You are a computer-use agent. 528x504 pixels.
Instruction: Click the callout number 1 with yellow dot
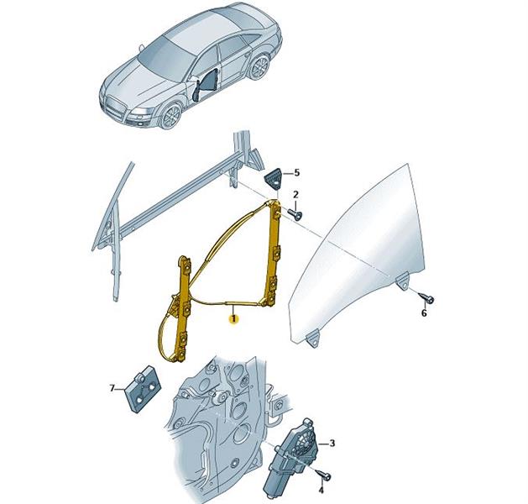pyautogui.click(x=233, y=318)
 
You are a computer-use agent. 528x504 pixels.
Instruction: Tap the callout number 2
pyautogui.click(x=295, y=194)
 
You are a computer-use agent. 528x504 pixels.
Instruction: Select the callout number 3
pyautogui.click(x=332, y=443)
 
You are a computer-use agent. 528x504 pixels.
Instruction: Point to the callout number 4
pyautogui.click(x=321, y=491)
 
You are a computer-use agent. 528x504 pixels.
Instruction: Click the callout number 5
pyautogui.click(x=296, y=173)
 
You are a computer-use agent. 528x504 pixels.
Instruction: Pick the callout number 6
pyautogui.click(x=424, y=313)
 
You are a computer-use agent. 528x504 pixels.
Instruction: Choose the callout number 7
pyautogui.click(x=112, y=388)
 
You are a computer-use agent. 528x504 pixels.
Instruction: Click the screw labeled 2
pyautogui.click(x=295, y=214)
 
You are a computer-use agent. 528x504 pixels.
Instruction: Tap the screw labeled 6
pyautogui.click(x=426, y=298)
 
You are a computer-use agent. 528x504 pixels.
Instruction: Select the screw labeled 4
pyautogui.click(x=324, y=475)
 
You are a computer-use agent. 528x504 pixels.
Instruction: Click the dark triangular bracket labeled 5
pyautogui.click(x=273, y=179)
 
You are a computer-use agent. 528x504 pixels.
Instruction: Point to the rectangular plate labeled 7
pyautogui.click(x=144, y=388)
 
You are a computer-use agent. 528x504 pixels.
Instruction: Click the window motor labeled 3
pyautogui.click(x=289, y=456)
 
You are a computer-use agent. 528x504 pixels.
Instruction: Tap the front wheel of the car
pyautogui.click(x=171, y=116)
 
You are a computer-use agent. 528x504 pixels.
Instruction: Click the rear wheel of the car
pyautogui.click(x=259, y=67)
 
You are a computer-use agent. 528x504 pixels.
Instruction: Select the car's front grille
pyautogui.click(x=113, y=108)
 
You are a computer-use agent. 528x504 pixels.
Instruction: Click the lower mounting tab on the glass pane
pyautogui.click(x=313, y=338)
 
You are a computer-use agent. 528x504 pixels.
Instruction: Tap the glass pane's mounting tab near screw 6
pyautogui.click(x=402, y=281)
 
